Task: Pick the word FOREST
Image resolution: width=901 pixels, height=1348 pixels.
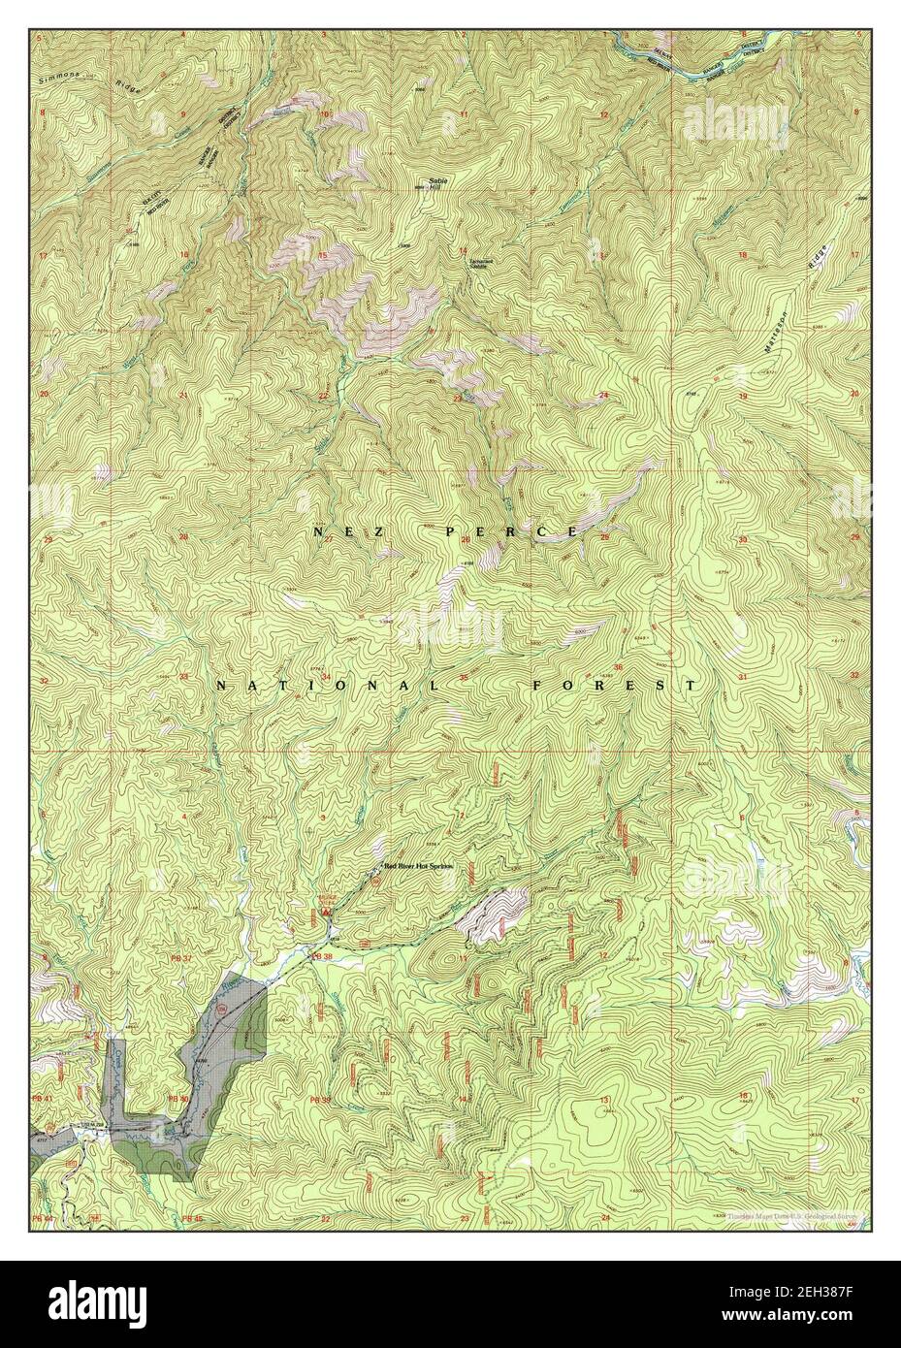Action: pyautogui.click(x=614, y=685)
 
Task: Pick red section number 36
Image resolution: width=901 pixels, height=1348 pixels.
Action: pyautogui.click(x=617, y=668)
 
